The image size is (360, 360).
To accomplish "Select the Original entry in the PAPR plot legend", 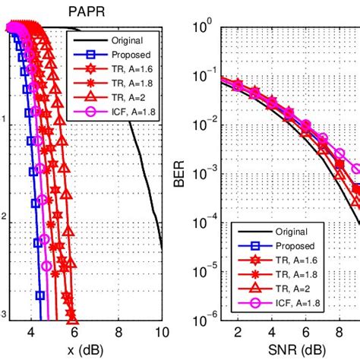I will [125, 39].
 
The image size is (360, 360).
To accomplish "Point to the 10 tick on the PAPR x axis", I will [161, 331].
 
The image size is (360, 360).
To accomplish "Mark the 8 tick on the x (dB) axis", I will [118, 331].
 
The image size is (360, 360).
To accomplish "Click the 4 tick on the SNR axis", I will [271, 331].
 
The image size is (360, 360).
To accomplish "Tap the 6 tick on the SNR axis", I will [305, 331].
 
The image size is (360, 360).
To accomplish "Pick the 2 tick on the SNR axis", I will [238, 331].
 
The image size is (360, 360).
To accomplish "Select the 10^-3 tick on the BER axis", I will [204, 175].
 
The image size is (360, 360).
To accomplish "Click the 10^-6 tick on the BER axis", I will [204, 320].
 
